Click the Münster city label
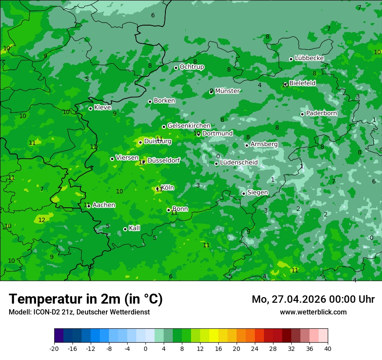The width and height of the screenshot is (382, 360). tap(227, 91)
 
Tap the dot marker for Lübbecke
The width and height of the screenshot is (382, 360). tap(291, 59)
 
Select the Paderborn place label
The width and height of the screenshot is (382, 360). tap(321, 113)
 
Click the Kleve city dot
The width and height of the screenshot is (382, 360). tap(90, 108)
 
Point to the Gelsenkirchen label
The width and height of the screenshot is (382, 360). tap(189, 126)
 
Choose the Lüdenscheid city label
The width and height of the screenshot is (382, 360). tap(239, 163)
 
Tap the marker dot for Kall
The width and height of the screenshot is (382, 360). tap(125, 229)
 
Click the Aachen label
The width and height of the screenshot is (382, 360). tap(104, 205)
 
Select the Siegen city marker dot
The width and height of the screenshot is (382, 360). tap(244, 193)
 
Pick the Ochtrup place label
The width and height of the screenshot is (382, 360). tap(192, 67)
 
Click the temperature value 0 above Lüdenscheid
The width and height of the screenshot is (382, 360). tap(218, 156)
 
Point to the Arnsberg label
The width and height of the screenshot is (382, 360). tap(264, 144)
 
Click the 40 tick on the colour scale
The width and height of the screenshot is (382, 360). tap(327, 348)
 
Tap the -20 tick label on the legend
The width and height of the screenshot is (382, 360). tap(54, 348)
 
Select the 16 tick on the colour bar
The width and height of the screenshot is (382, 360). tap(218, 348)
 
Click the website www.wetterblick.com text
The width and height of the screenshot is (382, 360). tap(313, 312)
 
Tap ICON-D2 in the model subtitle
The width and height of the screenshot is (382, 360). tap(45, 312)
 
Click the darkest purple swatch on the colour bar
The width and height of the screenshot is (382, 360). tap(59, 336)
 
